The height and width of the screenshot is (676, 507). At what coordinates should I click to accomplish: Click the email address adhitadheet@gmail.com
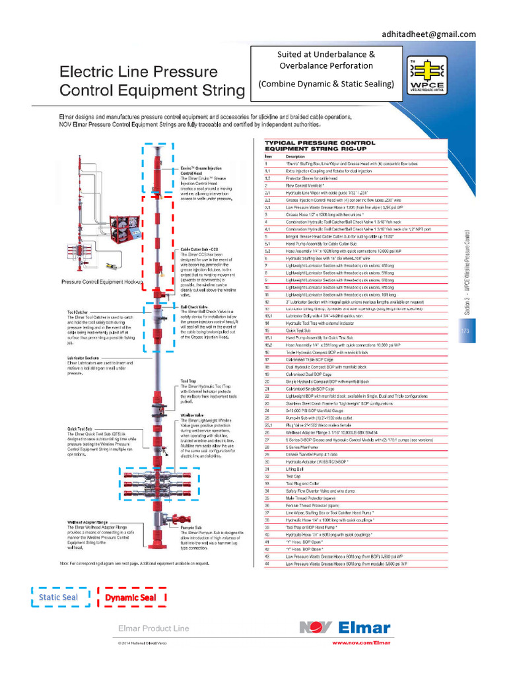[428, 34]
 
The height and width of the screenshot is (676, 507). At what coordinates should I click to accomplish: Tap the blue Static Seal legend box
[58, 597]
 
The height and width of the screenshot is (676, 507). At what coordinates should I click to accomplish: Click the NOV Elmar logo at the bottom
[344, 628]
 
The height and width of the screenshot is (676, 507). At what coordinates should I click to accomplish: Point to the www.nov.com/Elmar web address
[360, 642]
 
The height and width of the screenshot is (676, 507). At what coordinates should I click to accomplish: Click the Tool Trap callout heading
[187, 381]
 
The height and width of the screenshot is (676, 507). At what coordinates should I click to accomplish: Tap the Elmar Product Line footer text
[153, 628]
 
